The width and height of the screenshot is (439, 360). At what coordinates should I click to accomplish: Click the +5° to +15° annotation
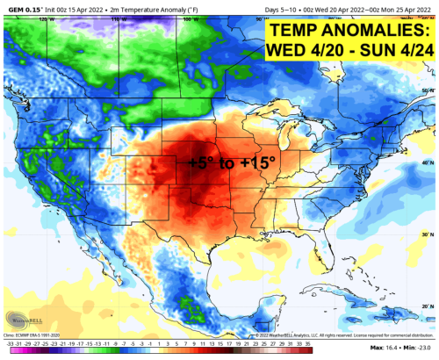pos(232,162)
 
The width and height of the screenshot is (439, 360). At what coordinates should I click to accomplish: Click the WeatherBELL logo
pos(22,321)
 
